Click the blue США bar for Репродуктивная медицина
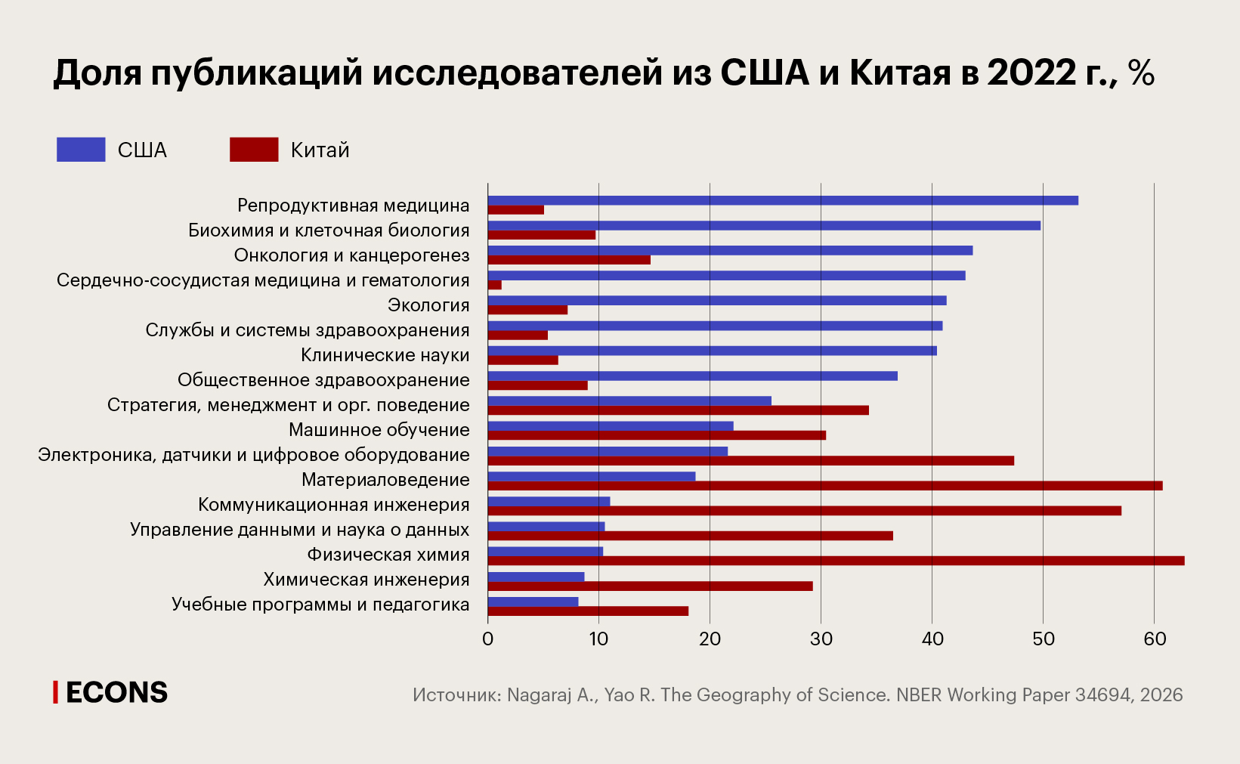[x=782, y=200]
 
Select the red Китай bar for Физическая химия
[x=835, y=561]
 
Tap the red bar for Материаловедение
[x=824, y=486]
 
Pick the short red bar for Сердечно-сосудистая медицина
[x=495, y=285]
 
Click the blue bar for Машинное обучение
[x=610, y=425]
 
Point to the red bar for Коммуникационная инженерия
[x=803, y=511]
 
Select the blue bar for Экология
[x=716, y=301]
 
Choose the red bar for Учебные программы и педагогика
[x=588, y=611]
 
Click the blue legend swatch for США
[x=81, y=150]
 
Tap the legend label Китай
[x=320, y=150]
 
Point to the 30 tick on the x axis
[x=821, y=639]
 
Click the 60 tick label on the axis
[x=1155, y=639]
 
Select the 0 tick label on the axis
[x=487, y=639]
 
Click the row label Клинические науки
[x=385, y=355]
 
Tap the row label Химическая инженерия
[x=366, y=580]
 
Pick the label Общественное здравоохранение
[x=323, y=380]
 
